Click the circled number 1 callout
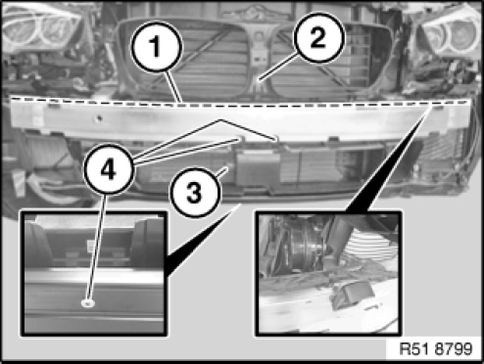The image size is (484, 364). pos(156,46)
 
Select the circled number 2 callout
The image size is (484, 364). pos(318,37)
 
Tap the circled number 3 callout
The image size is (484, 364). pos(195,192)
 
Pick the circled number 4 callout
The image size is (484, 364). pos(109,169)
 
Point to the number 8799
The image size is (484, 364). pos(454,348)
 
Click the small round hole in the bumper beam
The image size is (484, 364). pos(100,118)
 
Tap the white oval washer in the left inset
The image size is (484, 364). pos(87,303)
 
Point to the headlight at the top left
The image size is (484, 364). pos(41,27)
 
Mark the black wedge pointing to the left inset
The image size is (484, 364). pos(199,243)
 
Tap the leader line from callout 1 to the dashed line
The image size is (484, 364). pos(173,87)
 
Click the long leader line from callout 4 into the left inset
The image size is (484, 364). pos(96,248)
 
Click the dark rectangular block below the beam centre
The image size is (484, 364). pos(258,168)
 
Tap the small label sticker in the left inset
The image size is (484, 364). pos(91,245)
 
